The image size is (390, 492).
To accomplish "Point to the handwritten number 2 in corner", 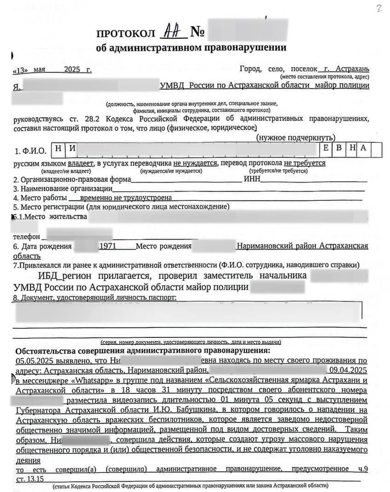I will coord(379,9).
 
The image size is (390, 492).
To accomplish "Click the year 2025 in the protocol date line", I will coord(73,69).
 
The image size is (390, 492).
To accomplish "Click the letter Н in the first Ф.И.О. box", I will coord(58,148).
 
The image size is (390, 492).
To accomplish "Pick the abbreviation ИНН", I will coord(252,179).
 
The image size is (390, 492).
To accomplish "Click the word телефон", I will coord(27,236).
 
